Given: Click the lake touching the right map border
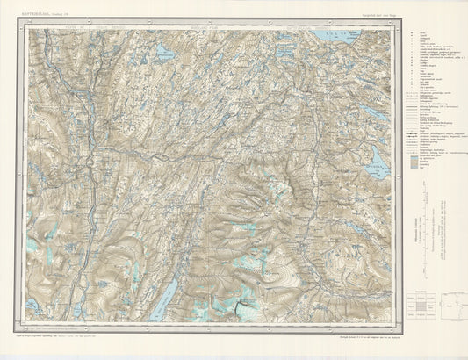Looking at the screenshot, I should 380,167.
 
